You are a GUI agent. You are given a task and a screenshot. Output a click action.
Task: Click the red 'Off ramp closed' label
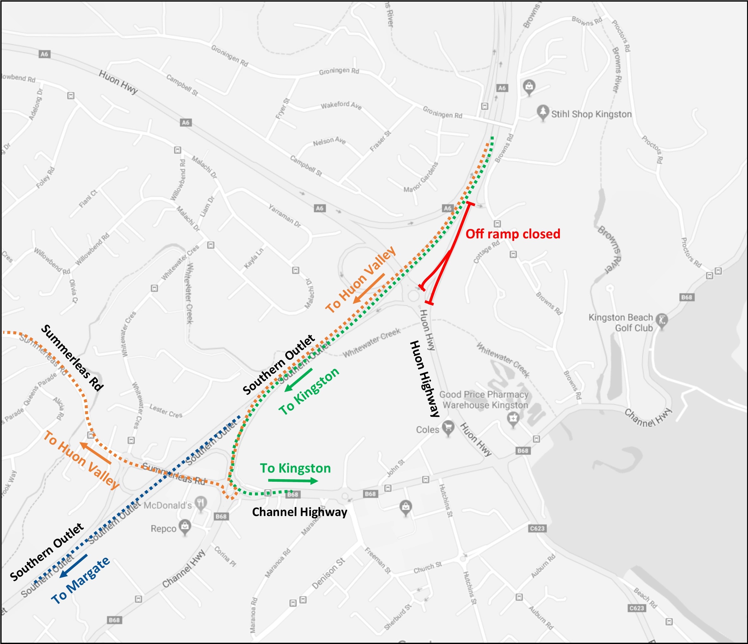coord(513,234)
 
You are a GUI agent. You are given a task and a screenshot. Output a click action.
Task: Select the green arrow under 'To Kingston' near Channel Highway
coord(293,481)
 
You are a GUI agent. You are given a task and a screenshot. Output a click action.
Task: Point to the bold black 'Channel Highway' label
coord(299,512)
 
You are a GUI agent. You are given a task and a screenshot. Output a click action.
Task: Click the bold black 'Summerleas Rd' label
coord(72,358)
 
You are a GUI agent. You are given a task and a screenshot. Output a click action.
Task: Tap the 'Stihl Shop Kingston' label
coord(591,114)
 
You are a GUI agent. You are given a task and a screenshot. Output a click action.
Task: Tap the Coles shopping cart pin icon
coord(448,428)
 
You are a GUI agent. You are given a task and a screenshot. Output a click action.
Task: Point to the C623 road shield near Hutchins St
coord(537,528)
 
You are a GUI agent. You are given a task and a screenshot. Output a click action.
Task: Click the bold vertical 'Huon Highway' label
coord(425,378)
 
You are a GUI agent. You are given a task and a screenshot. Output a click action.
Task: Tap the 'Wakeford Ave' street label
coord(341,105)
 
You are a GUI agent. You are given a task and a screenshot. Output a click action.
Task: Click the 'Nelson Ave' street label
coord(329,141)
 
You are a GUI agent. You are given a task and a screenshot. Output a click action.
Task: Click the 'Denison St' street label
coord(328,573)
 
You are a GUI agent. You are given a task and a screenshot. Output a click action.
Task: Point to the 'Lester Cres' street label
coord(166,411)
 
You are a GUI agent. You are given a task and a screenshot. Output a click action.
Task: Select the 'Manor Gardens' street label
coord(421,177)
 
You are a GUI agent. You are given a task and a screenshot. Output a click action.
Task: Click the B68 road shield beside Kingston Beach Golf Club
coord(686,297)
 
